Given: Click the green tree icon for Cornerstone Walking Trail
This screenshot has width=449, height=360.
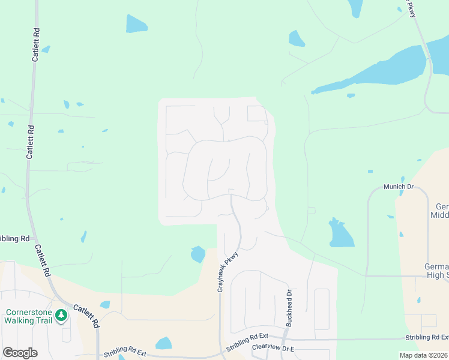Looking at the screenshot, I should (61, 315).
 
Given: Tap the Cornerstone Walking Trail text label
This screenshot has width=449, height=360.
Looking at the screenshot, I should (28, 316).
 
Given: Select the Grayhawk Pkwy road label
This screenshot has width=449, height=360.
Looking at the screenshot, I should (228, 272).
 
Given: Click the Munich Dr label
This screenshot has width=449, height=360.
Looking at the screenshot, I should (399, 187).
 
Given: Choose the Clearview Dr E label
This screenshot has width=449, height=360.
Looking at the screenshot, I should (274, 347).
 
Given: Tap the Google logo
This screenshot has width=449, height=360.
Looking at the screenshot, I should (20, 352).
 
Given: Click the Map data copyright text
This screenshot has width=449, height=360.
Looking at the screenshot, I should (424, 355).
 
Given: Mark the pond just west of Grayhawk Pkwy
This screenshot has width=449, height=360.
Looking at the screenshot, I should (197, 254).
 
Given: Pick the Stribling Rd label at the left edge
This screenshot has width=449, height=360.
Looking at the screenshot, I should (14, 238).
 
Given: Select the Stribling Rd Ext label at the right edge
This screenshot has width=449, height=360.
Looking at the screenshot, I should (427, 337).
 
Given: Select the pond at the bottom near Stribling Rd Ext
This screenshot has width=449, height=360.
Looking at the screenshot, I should (164, 343).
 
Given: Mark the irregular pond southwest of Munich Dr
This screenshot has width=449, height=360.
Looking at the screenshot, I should (339, 233).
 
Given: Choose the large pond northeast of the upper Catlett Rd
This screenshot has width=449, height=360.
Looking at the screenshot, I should (136, 23).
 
